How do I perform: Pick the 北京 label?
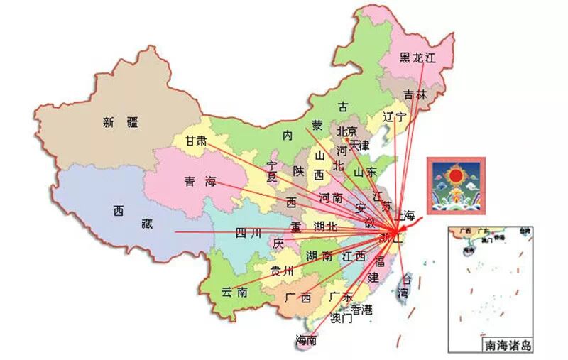point(348,131)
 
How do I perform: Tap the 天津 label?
point(360,145)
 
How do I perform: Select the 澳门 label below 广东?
point(341,318)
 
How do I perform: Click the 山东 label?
point(365,171)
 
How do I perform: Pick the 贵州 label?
point(282,271)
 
